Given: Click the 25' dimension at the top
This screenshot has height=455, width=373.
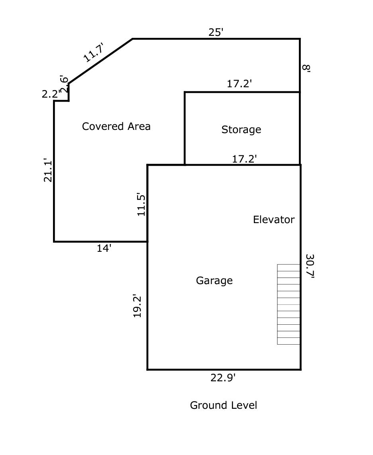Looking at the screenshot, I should point(216,32).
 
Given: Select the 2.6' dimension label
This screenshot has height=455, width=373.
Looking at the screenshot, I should point(64,84).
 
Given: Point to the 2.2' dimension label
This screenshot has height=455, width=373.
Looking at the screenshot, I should point(51,94).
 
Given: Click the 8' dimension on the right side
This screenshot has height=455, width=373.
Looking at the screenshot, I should point(306,68).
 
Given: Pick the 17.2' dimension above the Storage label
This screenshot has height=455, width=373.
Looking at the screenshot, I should point(240,84).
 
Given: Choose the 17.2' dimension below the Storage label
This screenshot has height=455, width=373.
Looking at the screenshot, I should point(244,159).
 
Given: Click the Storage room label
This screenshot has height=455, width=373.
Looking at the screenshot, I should point(241,130).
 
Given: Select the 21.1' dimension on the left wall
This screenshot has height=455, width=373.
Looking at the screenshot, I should point(48,171).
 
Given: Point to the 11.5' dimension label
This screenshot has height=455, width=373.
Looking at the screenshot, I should point(141,204).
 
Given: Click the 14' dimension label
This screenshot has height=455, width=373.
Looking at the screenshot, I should point(104,248).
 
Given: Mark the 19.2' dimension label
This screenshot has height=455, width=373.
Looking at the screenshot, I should point(137,306).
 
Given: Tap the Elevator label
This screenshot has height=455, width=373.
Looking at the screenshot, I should point(273,220).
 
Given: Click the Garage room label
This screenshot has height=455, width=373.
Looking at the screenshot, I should point(214,281).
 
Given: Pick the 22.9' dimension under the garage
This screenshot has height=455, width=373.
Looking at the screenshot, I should point(223,378).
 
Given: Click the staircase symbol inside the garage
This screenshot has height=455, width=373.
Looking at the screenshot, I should point(289,304).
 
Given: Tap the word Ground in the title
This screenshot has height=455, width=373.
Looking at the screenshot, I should point(206,406).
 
